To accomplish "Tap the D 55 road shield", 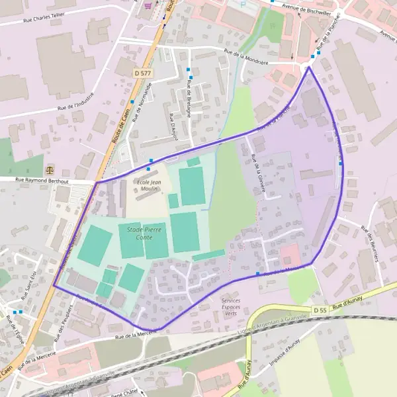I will coord(320,310).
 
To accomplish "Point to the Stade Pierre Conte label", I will coord(139,232).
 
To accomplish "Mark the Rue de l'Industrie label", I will coord(75,100).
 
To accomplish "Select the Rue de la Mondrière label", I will coord(246,58).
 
